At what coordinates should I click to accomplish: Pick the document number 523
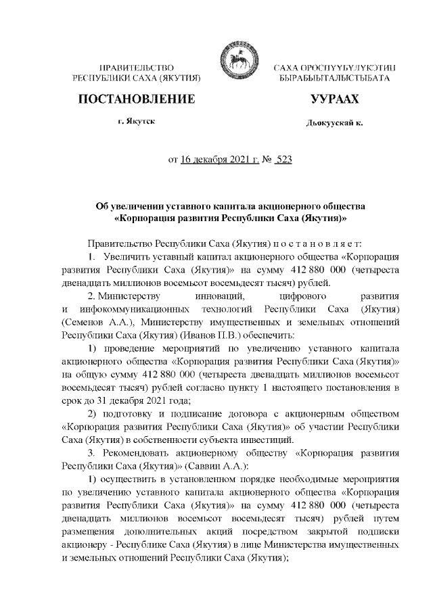pos(283,160)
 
